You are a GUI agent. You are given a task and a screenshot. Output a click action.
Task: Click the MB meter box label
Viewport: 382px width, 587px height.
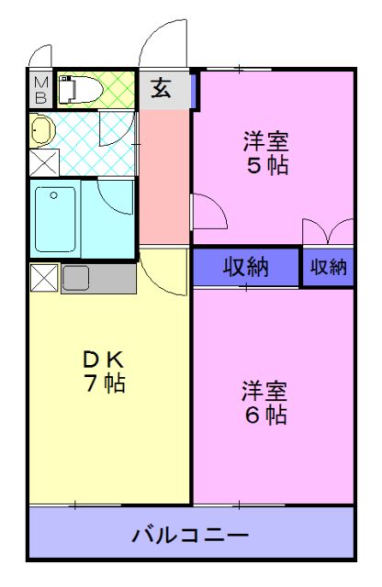41,90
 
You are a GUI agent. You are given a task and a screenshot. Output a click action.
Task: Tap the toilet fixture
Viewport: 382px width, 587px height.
74,90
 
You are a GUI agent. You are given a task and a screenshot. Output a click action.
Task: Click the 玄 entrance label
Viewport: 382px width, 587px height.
161,88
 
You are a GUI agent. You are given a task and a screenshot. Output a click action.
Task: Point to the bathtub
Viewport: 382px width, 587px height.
57,218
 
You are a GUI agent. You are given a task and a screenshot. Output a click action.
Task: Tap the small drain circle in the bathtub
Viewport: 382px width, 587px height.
52,194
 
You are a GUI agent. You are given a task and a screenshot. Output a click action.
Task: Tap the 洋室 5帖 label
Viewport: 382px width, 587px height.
265,153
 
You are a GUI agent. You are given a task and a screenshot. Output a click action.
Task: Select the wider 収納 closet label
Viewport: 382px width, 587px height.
246,267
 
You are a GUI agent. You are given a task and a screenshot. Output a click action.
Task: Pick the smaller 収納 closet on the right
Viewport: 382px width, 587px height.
328,267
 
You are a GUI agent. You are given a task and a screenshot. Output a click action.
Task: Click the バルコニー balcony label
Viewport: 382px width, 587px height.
190,534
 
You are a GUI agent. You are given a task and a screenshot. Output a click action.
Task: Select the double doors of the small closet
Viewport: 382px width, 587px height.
328,234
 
